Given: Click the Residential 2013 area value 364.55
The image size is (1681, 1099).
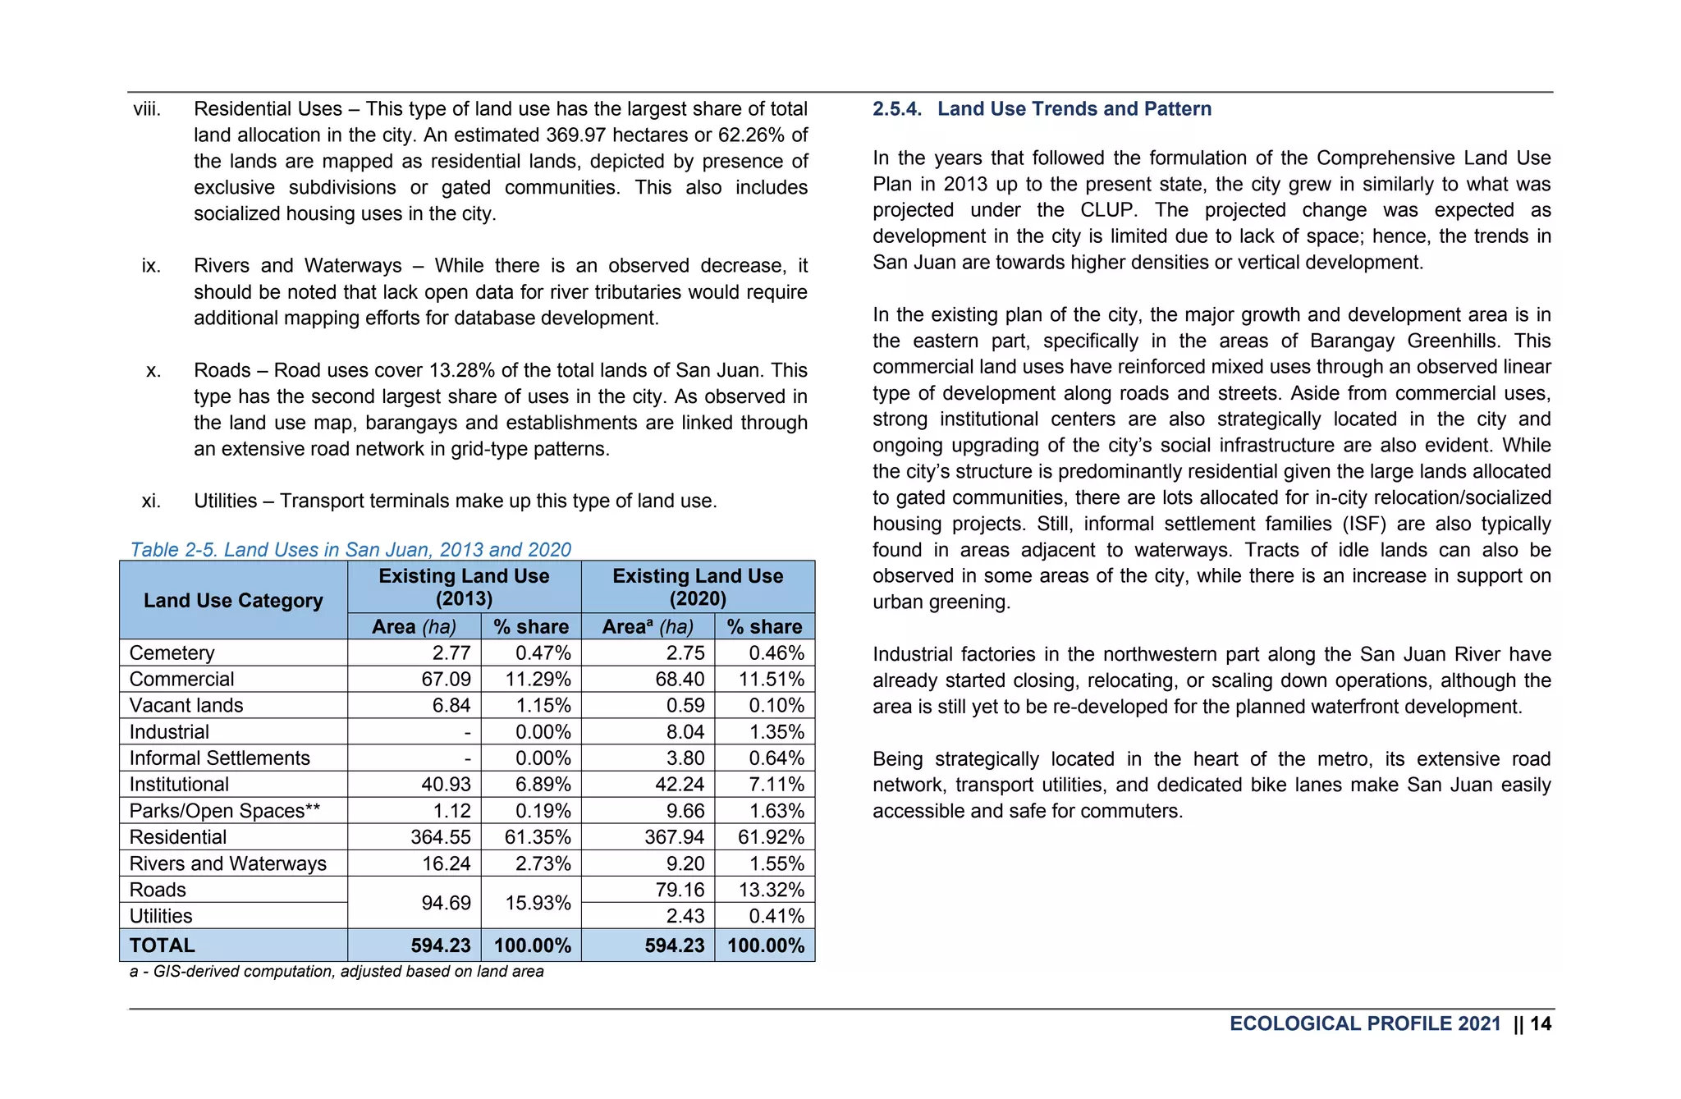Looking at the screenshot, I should (441, 837).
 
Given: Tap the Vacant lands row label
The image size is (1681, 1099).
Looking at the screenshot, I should (186, 706).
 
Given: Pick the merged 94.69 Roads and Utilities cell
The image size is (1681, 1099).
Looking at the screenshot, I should (446, 903).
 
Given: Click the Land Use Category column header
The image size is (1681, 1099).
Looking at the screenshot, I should (233, 601).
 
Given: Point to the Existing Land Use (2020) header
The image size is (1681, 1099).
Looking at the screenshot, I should (698, 587).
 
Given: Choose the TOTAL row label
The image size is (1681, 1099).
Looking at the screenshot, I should (163, 946).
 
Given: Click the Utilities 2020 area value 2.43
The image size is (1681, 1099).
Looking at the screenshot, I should (685, 916).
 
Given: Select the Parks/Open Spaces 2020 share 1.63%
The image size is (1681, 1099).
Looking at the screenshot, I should (776, 811).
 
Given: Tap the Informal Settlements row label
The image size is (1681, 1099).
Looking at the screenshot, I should (219, 758).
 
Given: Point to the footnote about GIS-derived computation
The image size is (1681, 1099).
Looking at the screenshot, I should (337, 972).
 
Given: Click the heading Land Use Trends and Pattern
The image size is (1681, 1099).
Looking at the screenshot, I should (1074, 109).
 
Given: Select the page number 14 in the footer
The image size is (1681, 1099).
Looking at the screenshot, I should (1541, 1023).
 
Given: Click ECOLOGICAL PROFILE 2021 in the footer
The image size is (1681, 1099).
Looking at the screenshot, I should (1364, 1023).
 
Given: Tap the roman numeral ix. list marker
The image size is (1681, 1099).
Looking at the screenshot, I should (151, 266).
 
